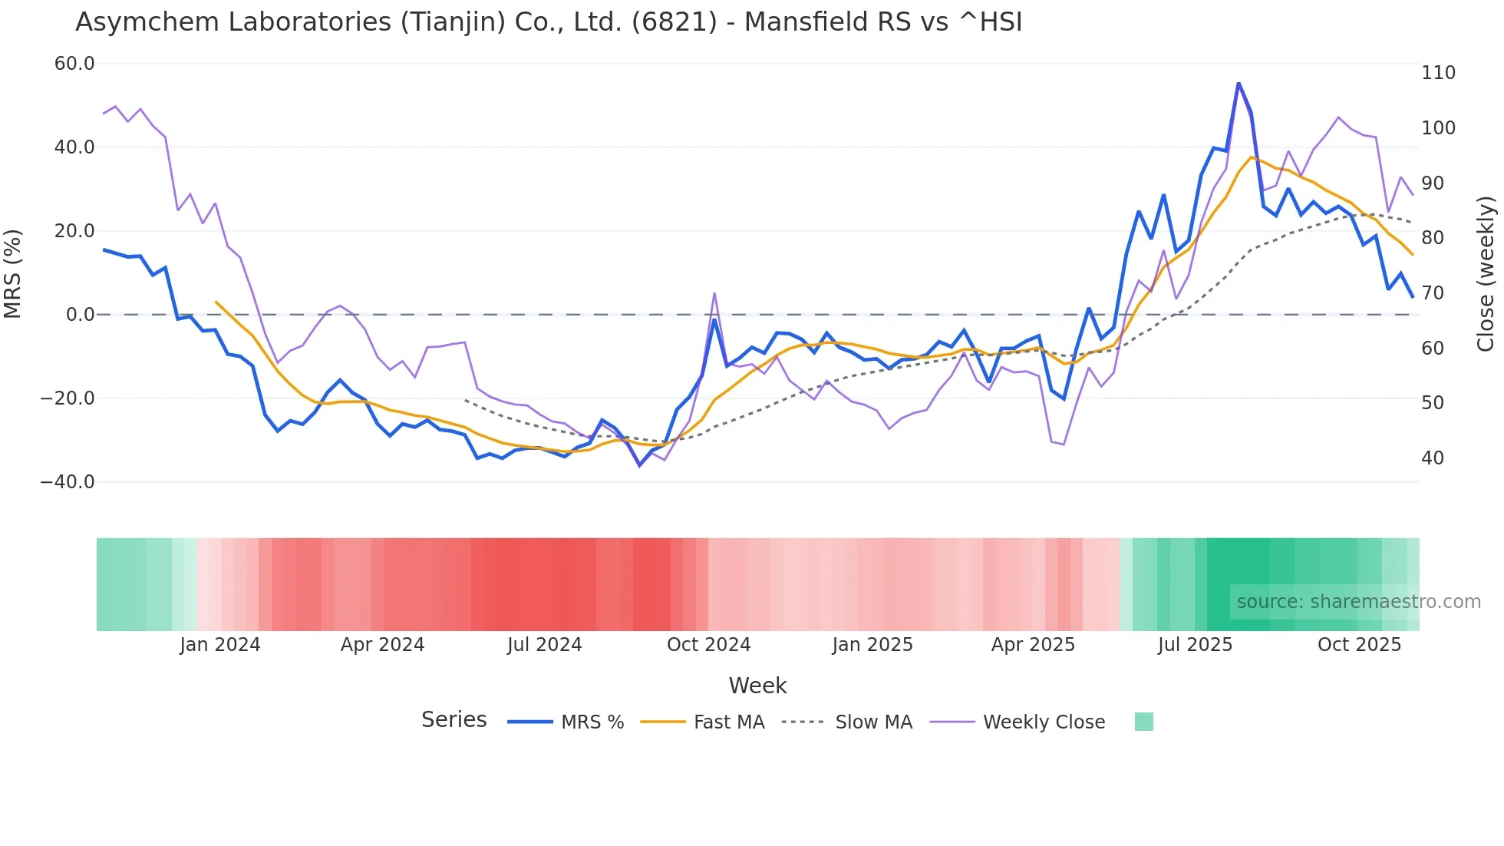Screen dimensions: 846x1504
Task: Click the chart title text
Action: pyautogui.click(x=549, y=22)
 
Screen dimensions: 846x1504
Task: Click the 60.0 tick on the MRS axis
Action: pyautogui.click(x=74, y=64)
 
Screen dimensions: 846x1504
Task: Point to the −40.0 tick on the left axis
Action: pyautogui.click(x=68, y=482)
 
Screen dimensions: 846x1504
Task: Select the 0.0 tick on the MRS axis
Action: pyautogui.click(x=81, y=315)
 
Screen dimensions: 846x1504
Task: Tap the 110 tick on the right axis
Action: pyautogui.click(x=1438, y=73)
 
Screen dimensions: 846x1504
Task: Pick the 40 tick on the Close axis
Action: pyautogui.click(x=1433, y=458)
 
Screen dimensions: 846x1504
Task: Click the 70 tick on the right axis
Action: pyautogui.click(x=1433, y=293)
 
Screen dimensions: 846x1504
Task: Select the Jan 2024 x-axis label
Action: pyautogui.click(x=220, y=645)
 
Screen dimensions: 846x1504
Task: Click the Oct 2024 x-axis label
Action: pyautogui.click(x=708, y=645)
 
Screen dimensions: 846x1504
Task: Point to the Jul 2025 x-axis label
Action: pyautogui.click(x=1195, y=645)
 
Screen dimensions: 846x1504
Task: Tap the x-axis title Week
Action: pyautogui.click(x=757, y=686)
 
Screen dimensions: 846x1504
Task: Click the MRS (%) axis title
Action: pyautogui.click(x=13, y=273)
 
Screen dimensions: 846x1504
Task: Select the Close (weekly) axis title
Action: pyautogui.click(x=1486, y=273)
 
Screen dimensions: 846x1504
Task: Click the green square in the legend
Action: pyautogui.click(x=1143, y=722)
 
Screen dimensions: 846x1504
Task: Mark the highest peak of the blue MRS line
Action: pyautogui.click(x=1238, y=83)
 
